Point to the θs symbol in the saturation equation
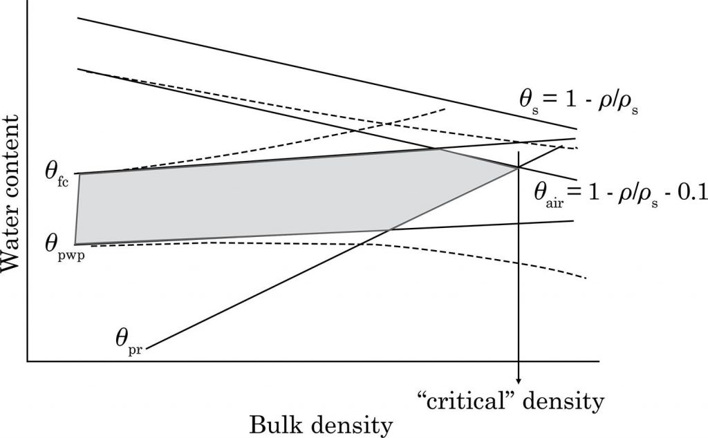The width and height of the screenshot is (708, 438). coord(527,98)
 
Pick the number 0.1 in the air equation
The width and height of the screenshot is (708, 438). coord(691,191)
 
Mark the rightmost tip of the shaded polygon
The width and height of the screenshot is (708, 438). coord(518,167)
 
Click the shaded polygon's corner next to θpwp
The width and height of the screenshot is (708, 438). coord(75,244)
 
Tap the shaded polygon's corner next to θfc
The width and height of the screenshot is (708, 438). coord(80,173)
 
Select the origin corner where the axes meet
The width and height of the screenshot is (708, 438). coord(26,361)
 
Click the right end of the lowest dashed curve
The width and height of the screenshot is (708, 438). coord(586,278)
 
